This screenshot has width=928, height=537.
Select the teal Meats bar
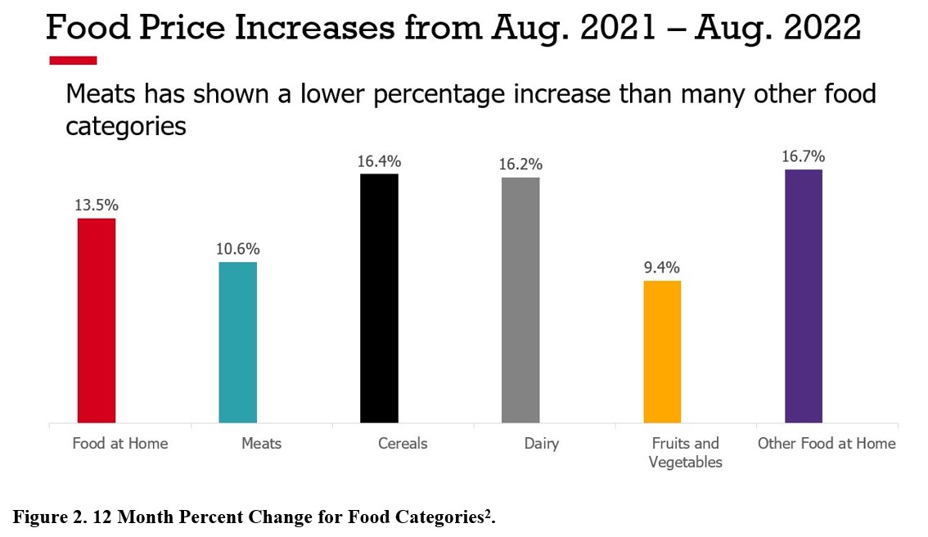coord(238,342)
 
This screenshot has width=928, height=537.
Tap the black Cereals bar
coord(379,299)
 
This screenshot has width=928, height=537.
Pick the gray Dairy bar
coord(520,300)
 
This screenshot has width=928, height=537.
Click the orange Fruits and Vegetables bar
coord(662,352)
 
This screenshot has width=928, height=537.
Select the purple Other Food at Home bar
coord(804,296)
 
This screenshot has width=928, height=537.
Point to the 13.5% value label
coord(97,205)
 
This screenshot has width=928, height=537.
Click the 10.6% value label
coord(238,249)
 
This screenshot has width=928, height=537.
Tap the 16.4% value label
coord(379,160)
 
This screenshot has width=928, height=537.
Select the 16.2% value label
coord(520,164)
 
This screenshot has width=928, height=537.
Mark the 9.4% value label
coord(662,268)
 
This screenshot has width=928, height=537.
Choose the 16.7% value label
coord(804,156)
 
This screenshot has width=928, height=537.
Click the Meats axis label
coord(261,444)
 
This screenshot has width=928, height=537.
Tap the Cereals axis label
coord(403,444)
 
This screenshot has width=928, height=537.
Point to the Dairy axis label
coord(542,444)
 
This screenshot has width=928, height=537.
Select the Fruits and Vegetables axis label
coord(685,453)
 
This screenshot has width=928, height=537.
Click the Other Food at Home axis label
coord(827,444)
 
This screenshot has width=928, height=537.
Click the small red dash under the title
coord(73,60)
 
